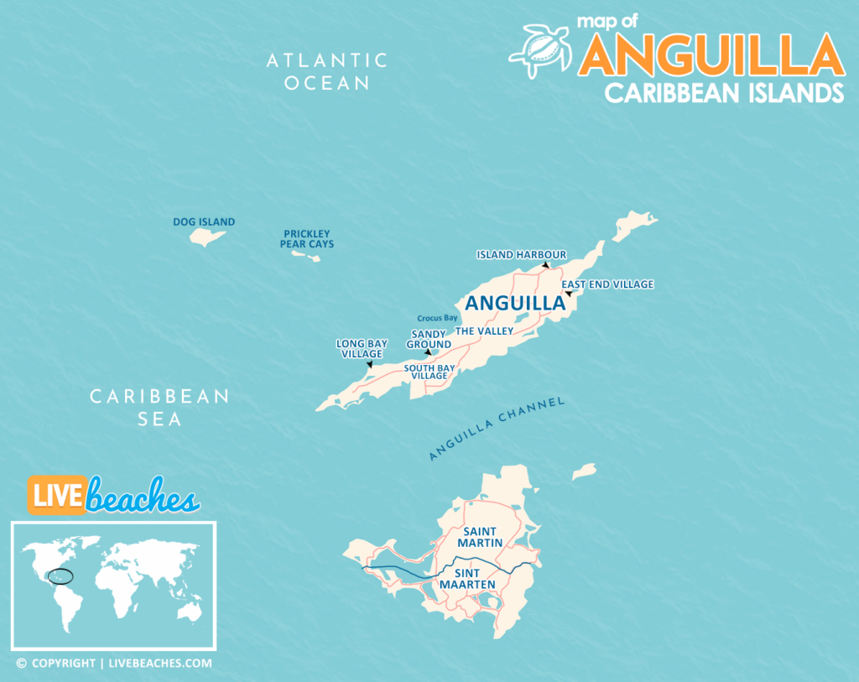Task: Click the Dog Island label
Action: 204,222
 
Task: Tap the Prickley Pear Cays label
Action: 307,239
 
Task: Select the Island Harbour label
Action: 521,254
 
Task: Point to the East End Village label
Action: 607,284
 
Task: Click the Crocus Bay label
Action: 438,318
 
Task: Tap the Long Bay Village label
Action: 362,349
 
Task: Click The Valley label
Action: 484,331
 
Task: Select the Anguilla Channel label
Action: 497,428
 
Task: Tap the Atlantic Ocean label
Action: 326,71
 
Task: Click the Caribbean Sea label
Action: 159,407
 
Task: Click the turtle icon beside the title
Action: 541,49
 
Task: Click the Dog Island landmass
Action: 207,237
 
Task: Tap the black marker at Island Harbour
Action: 545,265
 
